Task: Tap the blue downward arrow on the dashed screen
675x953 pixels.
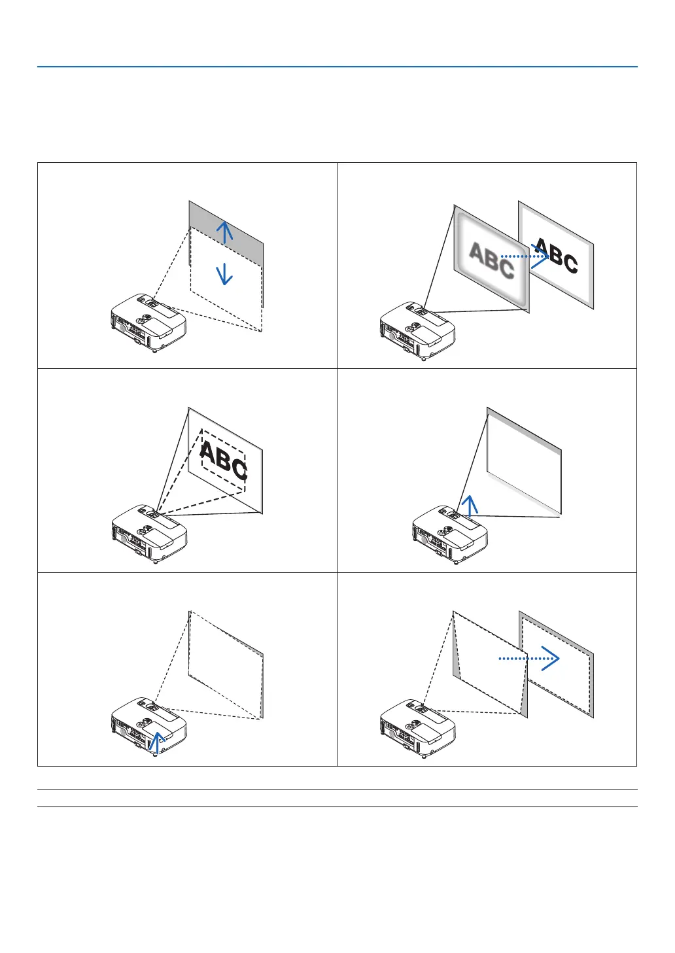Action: tap(224, 272)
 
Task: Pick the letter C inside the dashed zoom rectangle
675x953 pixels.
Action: tap(239, 469)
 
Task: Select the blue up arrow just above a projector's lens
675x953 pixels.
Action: tap(469, 504)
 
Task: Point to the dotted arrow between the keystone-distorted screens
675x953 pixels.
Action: tap(529, 659)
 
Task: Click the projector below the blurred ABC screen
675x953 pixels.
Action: tap(417, 331)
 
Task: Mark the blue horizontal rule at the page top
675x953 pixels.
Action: tap(337, 67)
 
